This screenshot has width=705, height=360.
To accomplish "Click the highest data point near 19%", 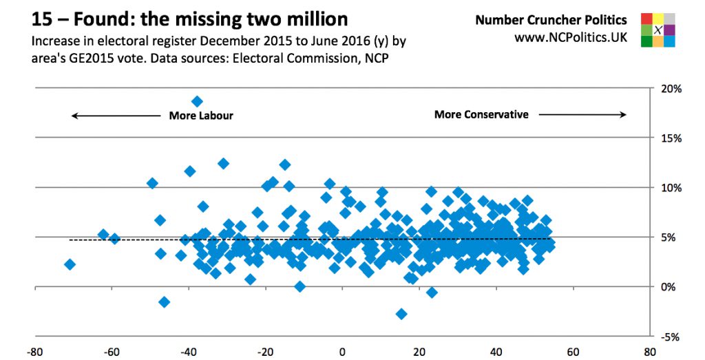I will [197, 102].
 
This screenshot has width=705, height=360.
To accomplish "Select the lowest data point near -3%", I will [401, 314].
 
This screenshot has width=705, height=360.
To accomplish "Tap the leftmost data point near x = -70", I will [70, 264].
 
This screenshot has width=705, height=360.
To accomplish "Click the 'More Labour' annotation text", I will [201, 116].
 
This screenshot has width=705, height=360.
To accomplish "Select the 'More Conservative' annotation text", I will [481, 114].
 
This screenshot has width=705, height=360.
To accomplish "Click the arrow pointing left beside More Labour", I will [116, 116].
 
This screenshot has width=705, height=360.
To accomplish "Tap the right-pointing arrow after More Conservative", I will [582, 115].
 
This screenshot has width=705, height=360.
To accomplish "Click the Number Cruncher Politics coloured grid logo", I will [657, 30].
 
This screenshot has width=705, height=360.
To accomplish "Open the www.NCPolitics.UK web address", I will [571, 36].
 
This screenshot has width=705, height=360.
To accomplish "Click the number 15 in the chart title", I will [43, 18].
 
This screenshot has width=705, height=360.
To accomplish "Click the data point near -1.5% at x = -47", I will [164, 302].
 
